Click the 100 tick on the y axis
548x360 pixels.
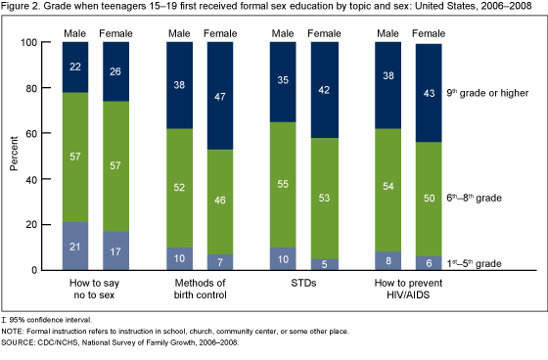(30, 43)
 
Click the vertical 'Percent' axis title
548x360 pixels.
(14, 157)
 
